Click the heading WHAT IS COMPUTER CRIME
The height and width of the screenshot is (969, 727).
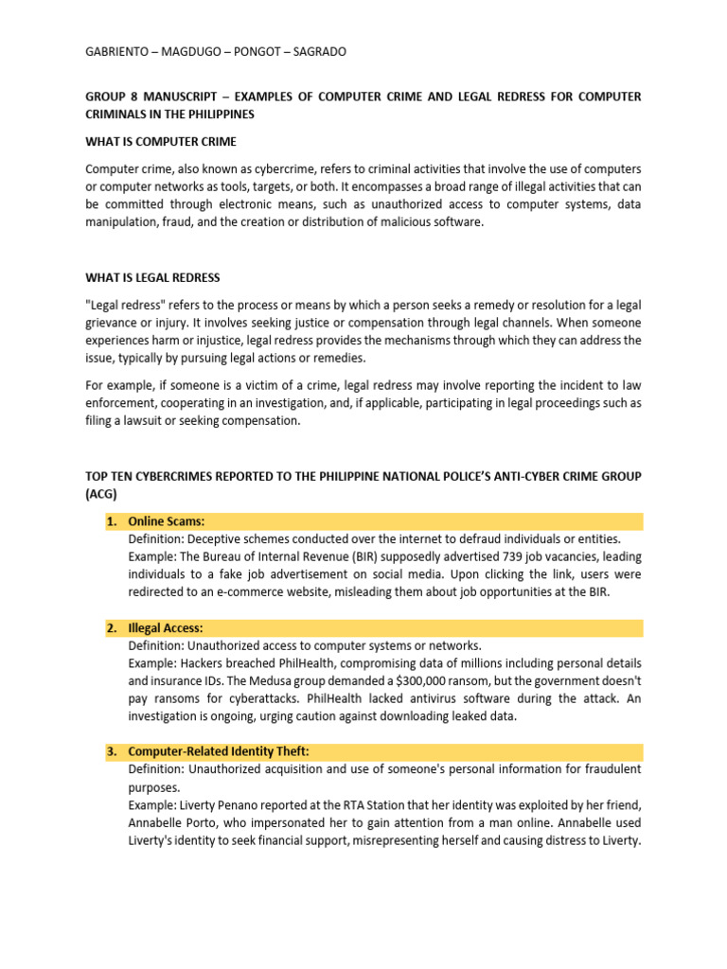161,142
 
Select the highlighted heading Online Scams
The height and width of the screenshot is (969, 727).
167,521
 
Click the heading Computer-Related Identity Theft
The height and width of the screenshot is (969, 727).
219,751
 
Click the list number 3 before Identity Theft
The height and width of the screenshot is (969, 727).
112,751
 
